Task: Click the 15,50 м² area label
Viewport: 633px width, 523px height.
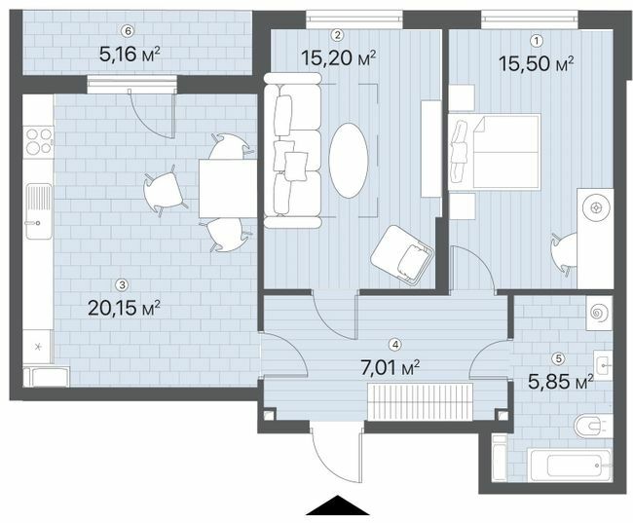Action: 536,64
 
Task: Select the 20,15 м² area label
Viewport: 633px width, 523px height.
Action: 123,308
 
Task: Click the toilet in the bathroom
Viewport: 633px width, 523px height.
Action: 593,426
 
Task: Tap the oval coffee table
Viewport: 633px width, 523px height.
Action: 349,159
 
